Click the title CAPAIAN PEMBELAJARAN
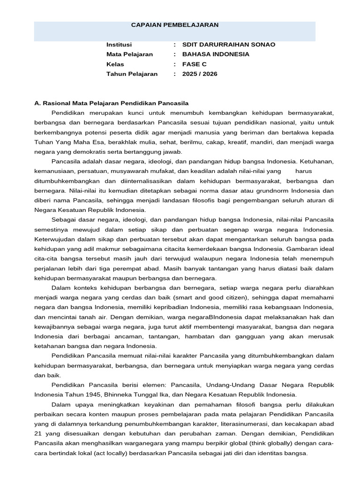coord(174,25)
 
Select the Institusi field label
coord(119,45)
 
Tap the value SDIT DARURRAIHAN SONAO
coord(229,45)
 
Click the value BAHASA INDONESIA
coord(216,54)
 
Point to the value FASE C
coord(194,64)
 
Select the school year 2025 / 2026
coord(200,74)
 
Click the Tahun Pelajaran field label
coord(132,74)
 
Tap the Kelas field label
coord(115,64)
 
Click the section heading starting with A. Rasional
coord(112,103)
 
